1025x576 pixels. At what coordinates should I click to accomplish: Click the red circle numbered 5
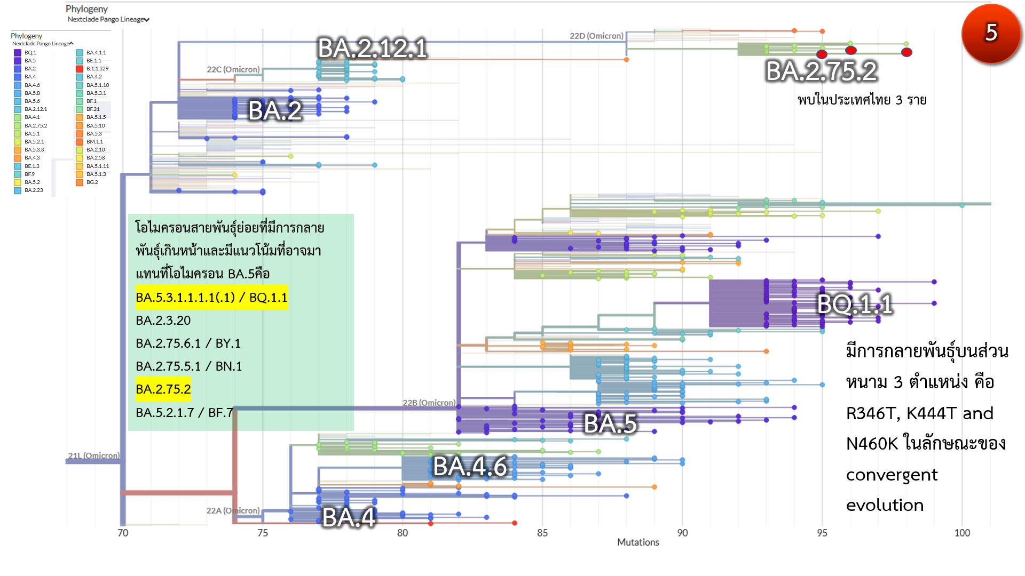991,33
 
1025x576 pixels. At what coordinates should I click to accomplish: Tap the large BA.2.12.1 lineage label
373,49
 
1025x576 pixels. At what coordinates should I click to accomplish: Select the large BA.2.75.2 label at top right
821,71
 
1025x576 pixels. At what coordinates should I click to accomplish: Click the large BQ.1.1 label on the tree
855,305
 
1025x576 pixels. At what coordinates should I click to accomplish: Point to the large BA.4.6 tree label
469,467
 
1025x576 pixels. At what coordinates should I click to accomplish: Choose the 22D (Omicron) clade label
596,36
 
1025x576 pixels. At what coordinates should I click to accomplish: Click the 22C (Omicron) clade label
233,69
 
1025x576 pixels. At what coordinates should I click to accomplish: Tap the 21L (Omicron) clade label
94,455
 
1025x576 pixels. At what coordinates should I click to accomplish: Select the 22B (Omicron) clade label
429,403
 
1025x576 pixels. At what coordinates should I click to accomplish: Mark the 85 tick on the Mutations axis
542,533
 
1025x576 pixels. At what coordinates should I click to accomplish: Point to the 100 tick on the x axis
962,533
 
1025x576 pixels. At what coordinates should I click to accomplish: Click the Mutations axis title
638,542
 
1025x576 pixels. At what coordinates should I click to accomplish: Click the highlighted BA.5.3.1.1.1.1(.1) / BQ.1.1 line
211,298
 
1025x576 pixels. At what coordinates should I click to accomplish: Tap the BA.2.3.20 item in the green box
163,321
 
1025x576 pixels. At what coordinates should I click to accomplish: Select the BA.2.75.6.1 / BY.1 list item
188,343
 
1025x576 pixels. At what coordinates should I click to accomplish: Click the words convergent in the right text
892,475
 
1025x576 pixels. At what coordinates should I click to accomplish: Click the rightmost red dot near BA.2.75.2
906,52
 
